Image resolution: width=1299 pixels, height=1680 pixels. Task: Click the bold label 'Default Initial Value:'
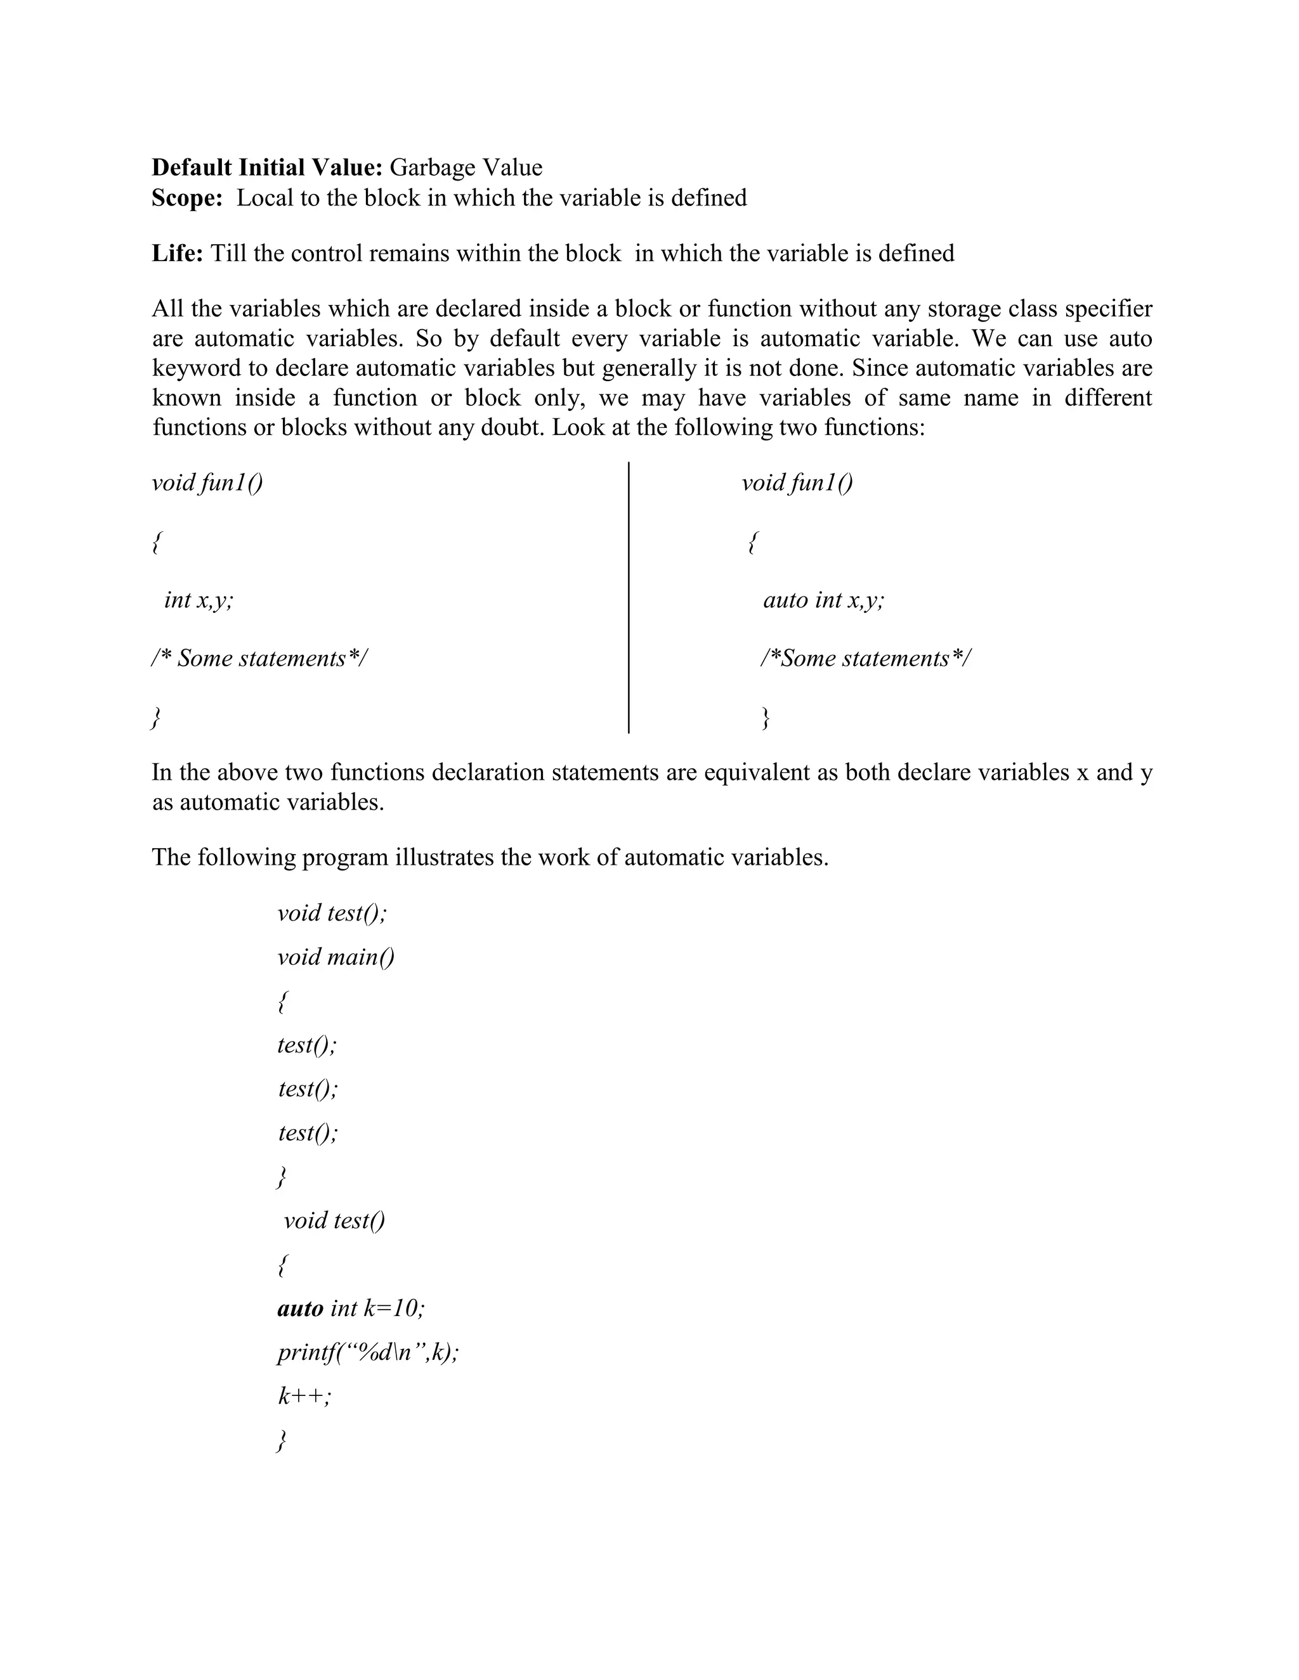[267, 168]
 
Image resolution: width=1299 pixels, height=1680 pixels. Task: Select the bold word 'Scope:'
[187, 198]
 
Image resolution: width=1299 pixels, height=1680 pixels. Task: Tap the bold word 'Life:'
[177, 253]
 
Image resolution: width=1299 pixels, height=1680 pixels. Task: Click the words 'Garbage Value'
[466, 168]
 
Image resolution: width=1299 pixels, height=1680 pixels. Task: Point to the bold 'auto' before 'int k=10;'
[300, 1308]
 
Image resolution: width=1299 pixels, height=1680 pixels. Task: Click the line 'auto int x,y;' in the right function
[823, 600]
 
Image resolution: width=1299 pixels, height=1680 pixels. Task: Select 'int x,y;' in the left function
[199, 600]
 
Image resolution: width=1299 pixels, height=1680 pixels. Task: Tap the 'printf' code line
[368, 1352]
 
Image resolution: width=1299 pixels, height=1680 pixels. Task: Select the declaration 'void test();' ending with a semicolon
[332, 913]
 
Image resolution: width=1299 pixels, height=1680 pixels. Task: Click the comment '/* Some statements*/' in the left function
[260, 659]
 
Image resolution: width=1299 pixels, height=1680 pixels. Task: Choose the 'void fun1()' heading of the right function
[797, 483]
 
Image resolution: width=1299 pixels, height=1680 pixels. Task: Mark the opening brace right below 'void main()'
[282, 1002]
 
